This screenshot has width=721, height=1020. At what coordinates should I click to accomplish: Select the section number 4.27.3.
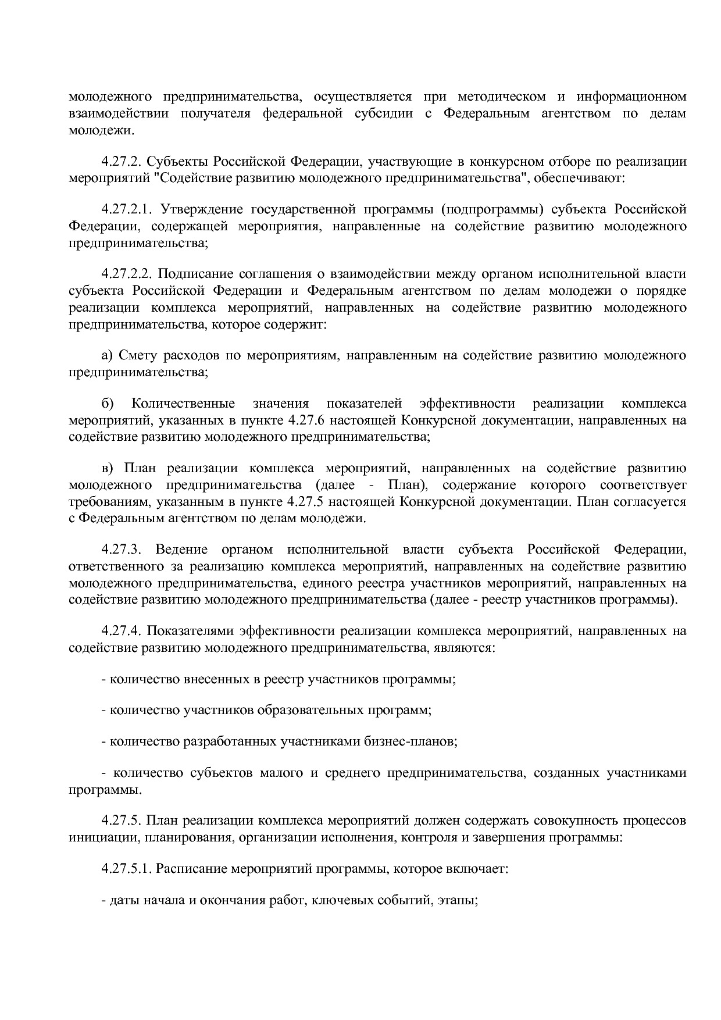pyautogui.click(x=119, y=549)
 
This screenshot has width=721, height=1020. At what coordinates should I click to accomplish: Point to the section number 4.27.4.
pyautogui.click(x=119, y=630)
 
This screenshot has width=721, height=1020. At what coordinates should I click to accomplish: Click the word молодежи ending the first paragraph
pyautogui.click(x=100, y=130)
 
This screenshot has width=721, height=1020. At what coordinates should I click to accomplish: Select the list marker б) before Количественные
pyautogui.click(x=108, y=403)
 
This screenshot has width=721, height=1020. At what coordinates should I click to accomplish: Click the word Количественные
pyautogui.click(x=183, y=403)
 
